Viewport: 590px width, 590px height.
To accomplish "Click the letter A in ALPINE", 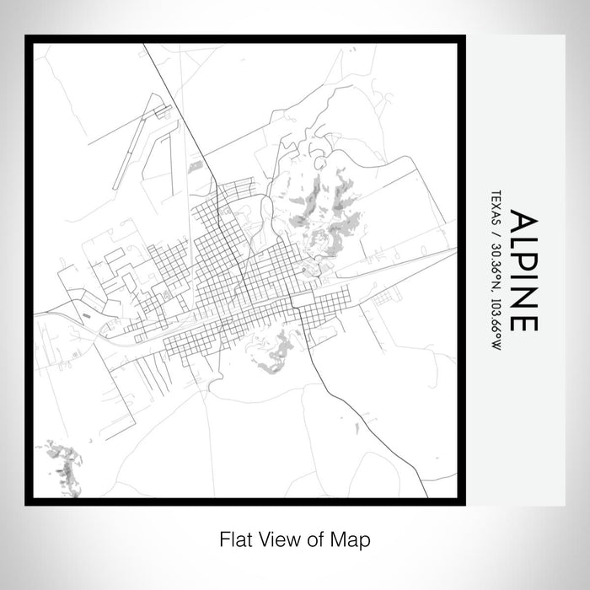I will [x=523, y=221].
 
